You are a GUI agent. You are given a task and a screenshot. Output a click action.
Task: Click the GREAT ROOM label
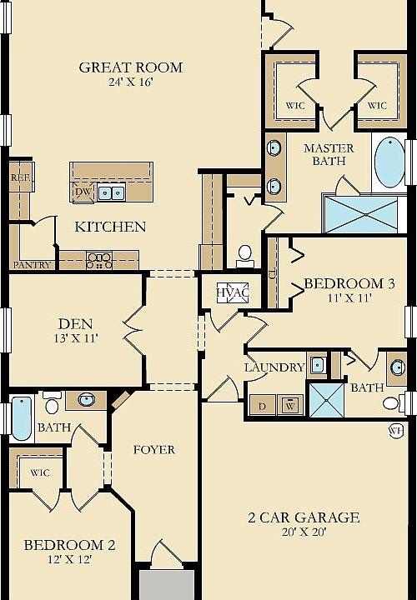(x=131, y=67)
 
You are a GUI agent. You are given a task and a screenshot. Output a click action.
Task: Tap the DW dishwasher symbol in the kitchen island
(x=83, y=192)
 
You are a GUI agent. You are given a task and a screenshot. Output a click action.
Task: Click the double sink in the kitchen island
(x=112, y=192)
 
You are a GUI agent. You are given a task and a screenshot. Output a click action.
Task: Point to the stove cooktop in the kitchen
(x=99, y=260)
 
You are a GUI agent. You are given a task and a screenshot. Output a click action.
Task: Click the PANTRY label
(x=32, y=265)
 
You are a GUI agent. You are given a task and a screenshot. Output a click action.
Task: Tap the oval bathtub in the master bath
(x=389, y=162)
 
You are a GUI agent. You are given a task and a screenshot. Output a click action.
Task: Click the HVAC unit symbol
(x=233, y=293)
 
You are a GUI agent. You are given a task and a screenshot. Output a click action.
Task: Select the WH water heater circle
(x=396, y=431)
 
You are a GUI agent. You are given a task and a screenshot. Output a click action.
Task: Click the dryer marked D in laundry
(x=262, y=406)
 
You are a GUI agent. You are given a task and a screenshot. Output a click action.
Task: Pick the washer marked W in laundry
(x=290, y=406)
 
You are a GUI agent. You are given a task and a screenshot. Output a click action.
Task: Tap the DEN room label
(x=75, y=324)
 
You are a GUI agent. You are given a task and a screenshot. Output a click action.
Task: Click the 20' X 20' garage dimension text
(x=304, y=532)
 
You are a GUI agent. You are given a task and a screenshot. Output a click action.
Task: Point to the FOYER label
(x=154, y=450)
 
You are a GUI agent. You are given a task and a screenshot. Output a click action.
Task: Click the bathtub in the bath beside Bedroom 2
(x=22, y=418)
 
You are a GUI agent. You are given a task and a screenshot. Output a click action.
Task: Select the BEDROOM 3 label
(x=349, y=283)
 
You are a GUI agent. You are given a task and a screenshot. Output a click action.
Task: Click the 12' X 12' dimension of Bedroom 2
(x=70, y=559)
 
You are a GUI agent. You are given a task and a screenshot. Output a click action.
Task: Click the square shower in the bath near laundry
(x=326, y=400)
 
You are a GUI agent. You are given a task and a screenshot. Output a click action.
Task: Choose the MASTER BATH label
(x=329, y=154)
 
